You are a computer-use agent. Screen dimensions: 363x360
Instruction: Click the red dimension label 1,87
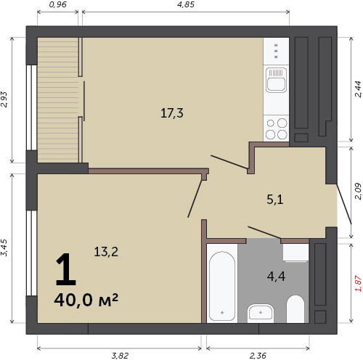coord(358,283)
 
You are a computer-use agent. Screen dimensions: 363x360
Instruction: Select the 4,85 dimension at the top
coord(186,4)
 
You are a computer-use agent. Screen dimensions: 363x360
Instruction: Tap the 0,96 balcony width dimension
coord(57,4)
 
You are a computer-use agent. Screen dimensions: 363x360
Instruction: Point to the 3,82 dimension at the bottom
coord(120,356)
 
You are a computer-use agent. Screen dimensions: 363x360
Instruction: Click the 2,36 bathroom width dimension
coord(258,356)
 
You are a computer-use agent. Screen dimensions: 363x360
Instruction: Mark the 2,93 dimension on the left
coord(4,99)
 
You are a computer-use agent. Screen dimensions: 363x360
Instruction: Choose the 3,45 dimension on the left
coord(4,247)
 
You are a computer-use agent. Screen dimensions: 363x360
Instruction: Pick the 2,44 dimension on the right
coord(358,89)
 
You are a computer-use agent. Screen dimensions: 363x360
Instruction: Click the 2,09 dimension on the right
coord(358,192)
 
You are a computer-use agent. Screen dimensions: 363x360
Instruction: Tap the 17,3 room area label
coord(172,113)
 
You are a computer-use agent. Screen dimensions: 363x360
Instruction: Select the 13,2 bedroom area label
coord(106,252)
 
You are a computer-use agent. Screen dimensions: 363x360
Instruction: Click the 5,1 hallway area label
coord(275,200)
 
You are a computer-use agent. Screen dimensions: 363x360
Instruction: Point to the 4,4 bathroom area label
coord(276,276)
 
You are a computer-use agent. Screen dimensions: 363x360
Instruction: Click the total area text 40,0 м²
coord(86,300)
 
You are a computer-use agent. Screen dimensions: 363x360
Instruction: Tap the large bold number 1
coord(66,269)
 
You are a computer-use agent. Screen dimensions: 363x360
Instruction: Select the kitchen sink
coord(276,80)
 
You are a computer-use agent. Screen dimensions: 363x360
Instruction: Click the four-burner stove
coord(276,128)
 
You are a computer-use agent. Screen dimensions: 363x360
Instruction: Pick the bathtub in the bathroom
coord(222,286)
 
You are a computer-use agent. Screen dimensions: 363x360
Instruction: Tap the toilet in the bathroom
coord(295,309)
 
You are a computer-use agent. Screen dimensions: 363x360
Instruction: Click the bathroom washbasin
coord(261,312)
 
